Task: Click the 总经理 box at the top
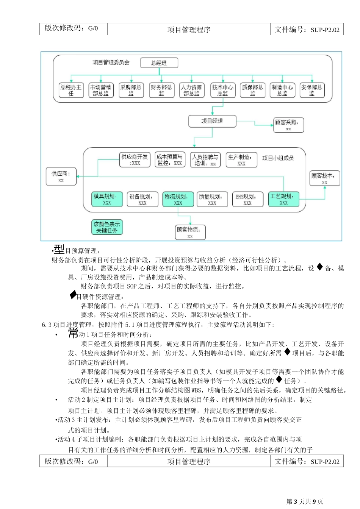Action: pyautogui.click(x=159, y=63)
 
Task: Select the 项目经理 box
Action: pyautogui.click(x=212, y=121)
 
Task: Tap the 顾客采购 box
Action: pyautogui.click(x=288, y=125)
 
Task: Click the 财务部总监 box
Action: pyautogui.click(x=161, y=90)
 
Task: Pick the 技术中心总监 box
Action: pyautogui.click(x=222, y=90)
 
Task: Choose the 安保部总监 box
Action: pyautogui.click(x=311, y=90)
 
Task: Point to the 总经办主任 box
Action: pyautogui.click(x=71, y=90)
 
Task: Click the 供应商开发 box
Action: pyautogui.click(x=135, y=159)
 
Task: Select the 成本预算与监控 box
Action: pyautogui.click(x=169, y=159)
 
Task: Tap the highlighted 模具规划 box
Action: pyautogui.click(x=107, y=199)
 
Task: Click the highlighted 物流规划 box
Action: pyautogui.click(x=178, y=199)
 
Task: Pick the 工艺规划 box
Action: pyautogui.click(x=283, y=199)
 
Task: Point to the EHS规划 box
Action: pyautogui.click(x=247, y=199)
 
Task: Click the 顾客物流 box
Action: pyautogui.click(x=190, y=232)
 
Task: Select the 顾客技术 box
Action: pyautogui.click(x=324, y=178)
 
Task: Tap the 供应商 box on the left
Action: pyautogui.click(x=61, y=176)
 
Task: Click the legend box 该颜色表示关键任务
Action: pyautogui.click(x=107, y=227)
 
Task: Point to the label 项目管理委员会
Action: pyautogui.click(x=111, y=62)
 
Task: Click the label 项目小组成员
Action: pyautogui.click(x=278, y=158)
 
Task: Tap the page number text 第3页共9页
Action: pyautogui.click(x=305, y=501)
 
